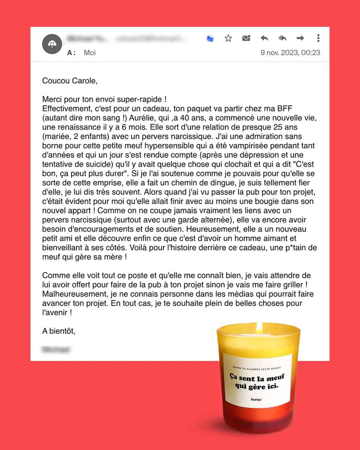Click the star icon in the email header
[228, 38]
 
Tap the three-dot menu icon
[318, 38]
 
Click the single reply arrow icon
[264, 38]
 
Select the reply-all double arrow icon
[282, 38]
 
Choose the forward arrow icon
[300, 38]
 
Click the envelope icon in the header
[246, 38]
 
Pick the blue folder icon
[210, 39]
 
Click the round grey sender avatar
[52, 44]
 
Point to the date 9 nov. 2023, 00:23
[290, 53]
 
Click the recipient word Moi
[90, 53]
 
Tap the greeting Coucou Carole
[70, 81]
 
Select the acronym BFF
[285, 109]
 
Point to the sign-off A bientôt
[59, 331]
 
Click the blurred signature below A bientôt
[56, 349]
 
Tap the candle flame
[259, 328]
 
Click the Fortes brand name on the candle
[256, 399]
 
